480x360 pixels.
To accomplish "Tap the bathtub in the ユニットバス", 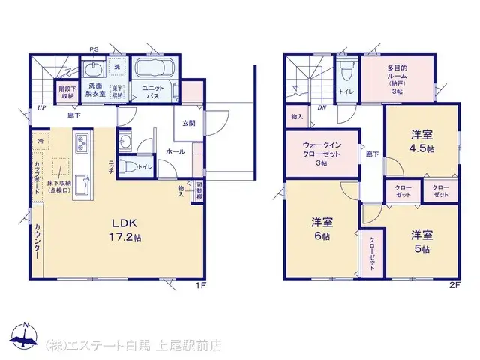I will (154, 72).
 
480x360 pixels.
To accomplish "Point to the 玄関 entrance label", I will (187, 124).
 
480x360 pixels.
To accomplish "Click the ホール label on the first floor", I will (175, 151).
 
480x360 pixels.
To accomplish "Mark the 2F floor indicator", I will (454, 285).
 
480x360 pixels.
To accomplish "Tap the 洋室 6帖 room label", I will (322, 228).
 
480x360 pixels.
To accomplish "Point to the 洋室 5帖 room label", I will (421, 241).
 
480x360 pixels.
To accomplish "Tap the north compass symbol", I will (24, 338).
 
